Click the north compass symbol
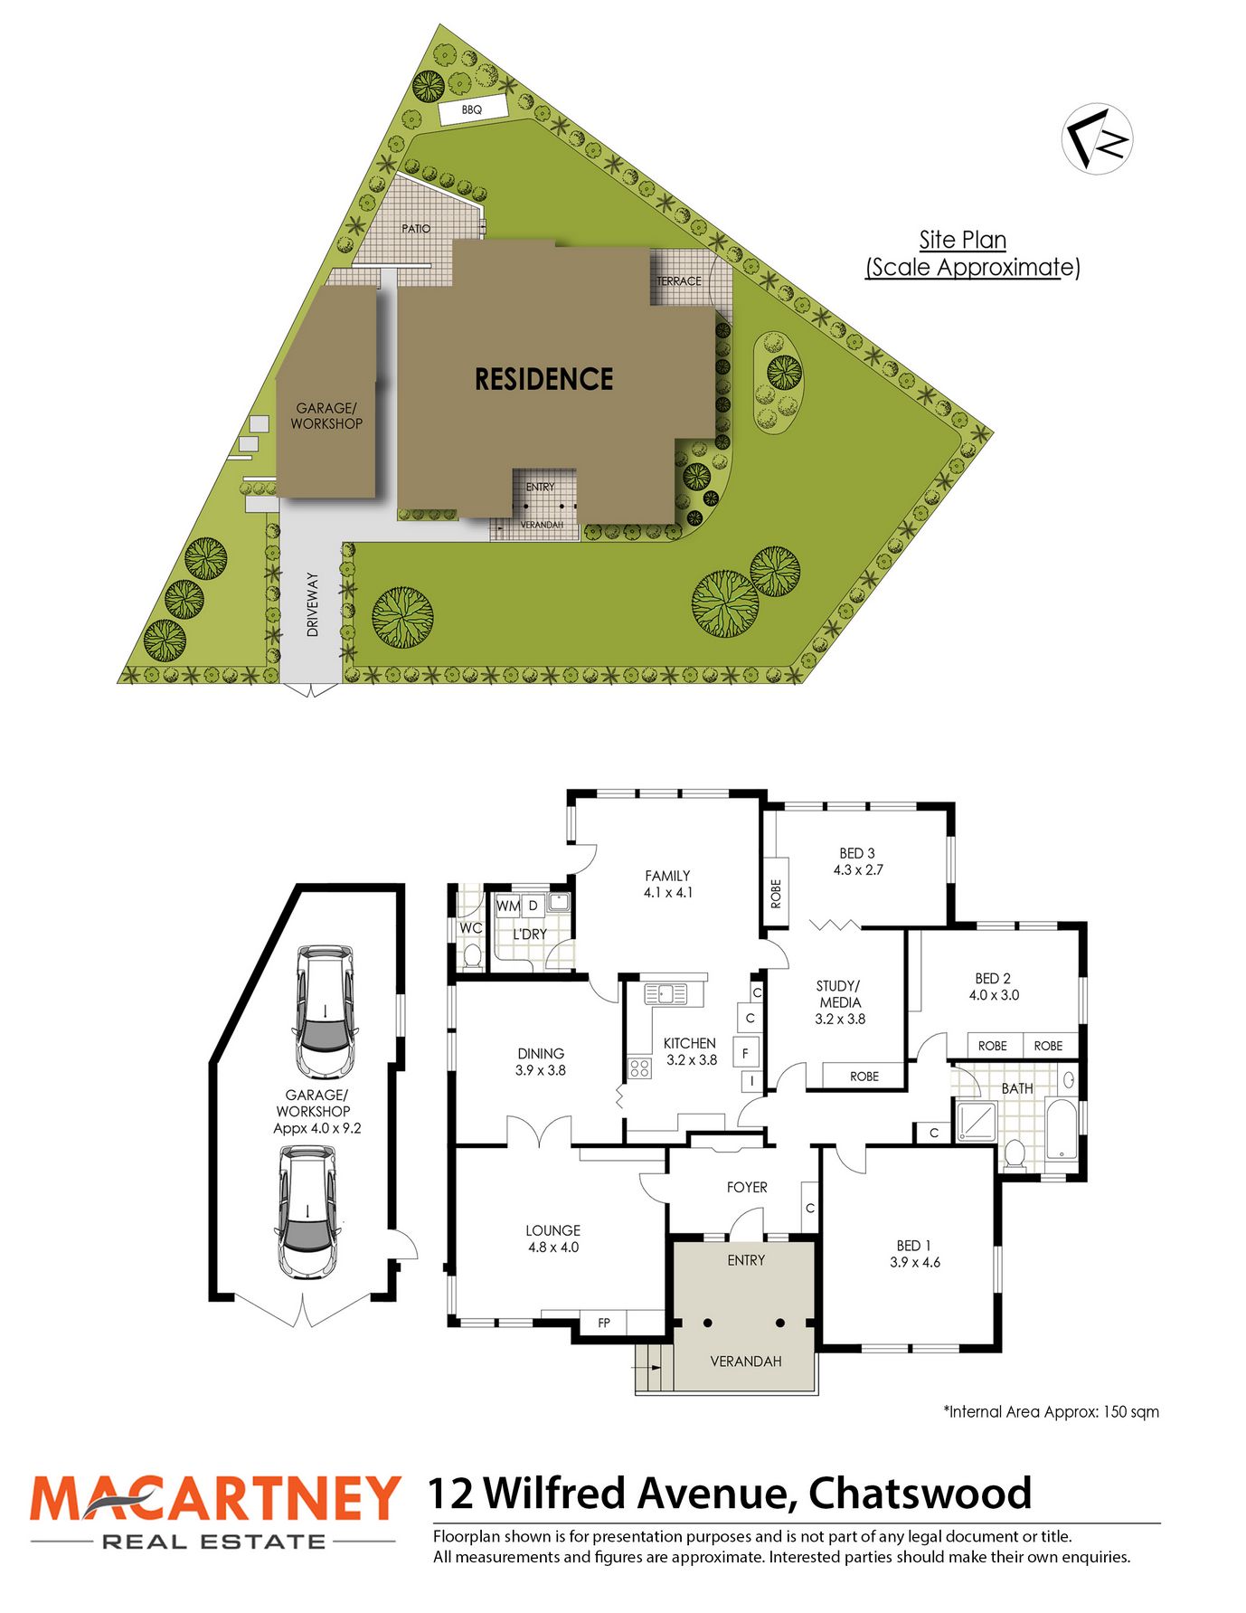coord(1097,138)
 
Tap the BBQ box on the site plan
coord(472,109)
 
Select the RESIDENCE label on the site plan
coord(544,379)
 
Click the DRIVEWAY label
coord(313,604)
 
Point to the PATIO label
coord(416,229)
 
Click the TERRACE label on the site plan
coord(679,281)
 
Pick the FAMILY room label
coord(667,876)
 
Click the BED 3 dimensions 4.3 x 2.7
coord(858,870)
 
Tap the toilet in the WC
coord(472,954)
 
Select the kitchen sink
coord(665,995)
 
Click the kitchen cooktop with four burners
coord(639,1067)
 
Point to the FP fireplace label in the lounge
coord(604,1323)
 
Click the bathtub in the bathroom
coord(1062,1129)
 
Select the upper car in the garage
coord(326,1010)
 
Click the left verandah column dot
coord(708,1323)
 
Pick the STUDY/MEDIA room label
coord(840,994)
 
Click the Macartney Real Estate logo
coord(214,1512)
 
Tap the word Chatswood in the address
coord(920,1494)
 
